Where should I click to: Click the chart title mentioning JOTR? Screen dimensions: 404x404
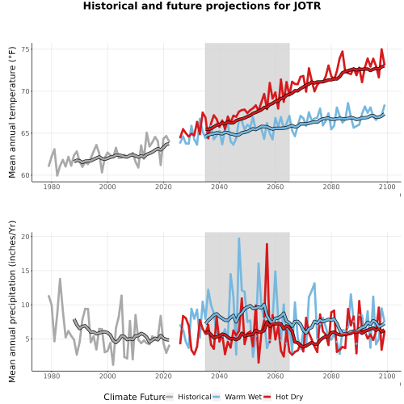tap(202, 6)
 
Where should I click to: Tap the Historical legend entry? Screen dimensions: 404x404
tap(195, 397)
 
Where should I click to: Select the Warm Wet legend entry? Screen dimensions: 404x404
tap(243, 397)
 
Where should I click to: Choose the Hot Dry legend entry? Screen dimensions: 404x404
tap(289, 397)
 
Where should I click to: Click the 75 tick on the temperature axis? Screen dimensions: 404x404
tap(25, 49)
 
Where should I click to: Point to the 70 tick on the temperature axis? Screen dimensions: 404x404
tap(25, 91)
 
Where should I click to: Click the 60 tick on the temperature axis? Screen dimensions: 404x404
tap(25, 175)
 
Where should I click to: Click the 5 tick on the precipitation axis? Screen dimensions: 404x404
tap(27, 339)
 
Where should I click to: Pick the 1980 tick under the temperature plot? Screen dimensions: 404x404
tap(52, 187)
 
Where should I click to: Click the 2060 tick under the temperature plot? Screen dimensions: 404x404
tap(276, 187)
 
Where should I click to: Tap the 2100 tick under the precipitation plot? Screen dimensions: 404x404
tap(387, 376)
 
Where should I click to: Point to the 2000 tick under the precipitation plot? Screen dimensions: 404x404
tap(107, 376)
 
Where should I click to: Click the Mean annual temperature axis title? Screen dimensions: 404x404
tap(12, 112)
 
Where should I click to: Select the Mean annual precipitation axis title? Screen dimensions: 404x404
tap(12, 301)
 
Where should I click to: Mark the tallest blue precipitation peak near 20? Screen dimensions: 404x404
tap(238, 238)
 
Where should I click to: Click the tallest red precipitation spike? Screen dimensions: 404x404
tap(267, 244)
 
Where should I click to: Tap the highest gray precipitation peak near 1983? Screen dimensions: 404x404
tap(60, 280)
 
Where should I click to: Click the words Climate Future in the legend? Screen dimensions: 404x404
tap(134, 397)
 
